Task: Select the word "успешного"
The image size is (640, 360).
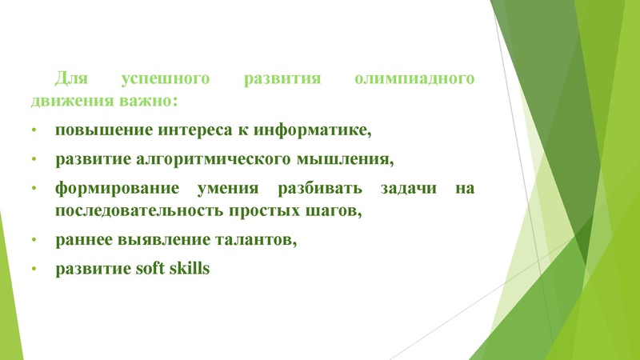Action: pos(157,80)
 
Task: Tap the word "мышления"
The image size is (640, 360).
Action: pos(351,158)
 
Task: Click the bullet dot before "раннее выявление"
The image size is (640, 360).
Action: pos(34,240)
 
